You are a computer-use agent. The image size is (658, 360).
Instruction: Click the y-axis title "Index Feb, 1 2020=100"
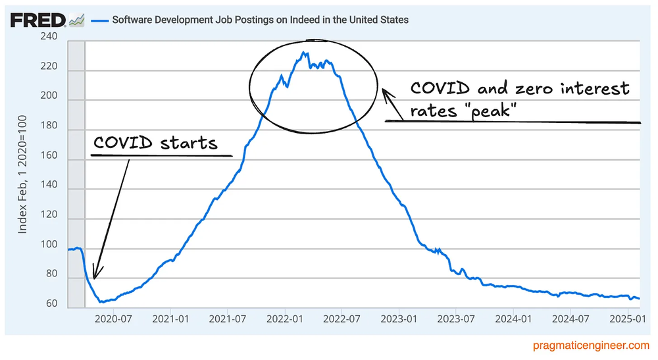(22, 174)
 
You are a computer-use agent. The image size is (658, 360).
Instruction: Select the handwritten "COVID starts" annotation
(155, 142)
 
